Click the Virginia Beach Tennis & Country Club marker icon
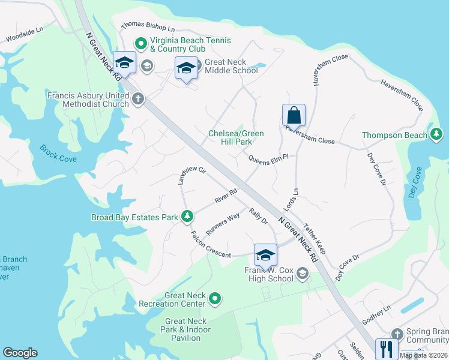click(140, 43)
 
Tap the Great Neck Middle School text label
click(231, 66)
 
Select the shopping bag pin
click(294, 114)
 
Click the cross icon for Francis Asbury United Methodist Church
click(139, 98)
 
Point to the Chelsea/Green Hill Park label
click(236, 137)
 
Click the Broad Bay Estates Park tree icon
click(187, 216)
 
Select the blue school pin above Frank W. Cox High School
click(265, 255)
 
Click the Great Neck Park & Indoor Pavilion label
click(187, 329)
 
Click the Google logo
click(20, 353)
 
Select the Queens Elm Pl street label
click(269, 157)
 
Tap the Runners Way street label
click(223, 223)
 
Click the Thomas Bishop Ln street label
click(148, 28)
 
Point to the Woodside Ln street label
click(25, 34)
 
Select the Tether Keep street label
click(314, 238)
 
